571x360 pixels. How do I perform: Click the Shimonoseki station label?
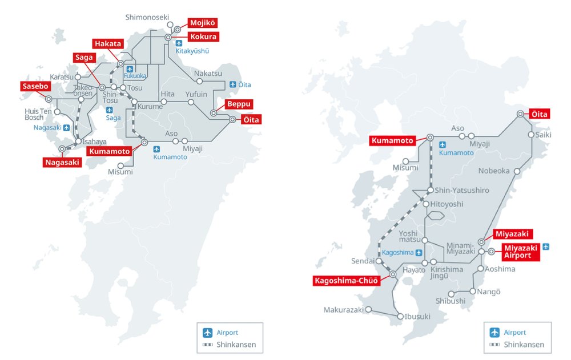147,17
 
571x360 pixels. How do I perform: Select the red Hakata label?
108,43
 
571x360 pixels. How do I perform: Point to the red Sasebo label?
35,87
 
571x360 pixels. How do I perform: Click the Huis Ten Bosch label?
38,114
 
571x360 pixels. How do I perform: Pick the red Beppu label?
238,104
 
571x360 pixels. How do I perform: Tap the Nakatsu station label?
208,74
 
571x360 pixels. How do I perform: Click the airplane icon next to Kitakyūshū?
179,43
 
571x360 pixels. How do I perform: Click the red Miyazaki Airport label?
520,251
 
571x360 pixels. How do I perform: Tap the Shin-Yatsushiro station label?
461,191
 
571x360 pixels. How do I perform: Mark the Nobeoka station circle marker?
517,171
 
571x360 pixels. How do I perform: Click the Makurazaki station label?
343,310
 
